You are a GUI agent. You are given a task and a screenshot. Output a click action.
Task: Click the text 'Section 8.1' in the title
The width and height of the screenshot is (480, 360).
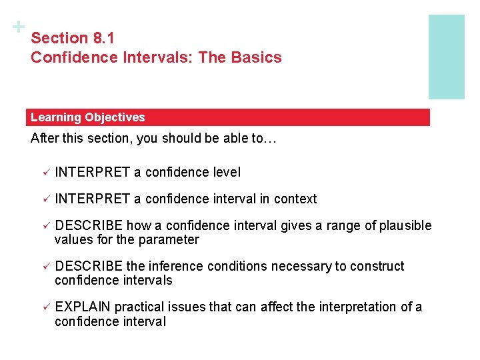coord(73,39)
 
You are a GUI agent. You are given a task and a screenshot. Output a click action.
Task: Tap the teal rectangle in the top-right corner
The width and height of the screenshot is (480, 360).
coord(446,57)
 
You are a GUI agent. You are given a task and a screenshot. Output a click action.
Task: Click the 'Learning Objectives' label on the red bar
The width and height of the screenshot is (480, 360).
coord(87,117)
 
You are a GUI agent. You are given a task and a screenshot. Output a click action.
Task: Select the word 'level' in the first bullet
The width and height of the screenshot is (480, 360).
coord(226,172)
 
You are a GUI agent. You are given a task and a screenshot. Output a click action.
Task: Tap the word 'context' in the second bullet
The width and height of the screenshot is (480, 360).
coord(295,199)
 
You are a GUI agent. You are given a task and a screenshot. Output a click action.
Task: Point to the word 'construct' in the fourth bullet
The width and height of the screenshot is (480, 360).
coord(377,266)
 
